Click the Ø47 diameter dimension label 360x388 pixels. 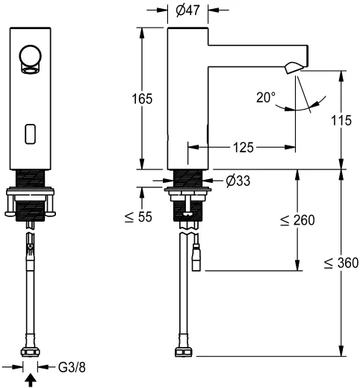pyautogui.click(x=187, y=10)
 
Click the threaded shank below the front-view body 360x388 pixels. pyautogui.click(x=31, y=179)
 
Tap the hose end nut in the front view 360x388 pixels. pyautogui.click(x=31, y=351)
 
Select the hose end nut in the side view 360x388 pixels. pyautogui.click(x=186, y=351)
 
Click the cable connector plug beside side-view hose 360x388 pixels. pyautogui.click(x=197, y=259)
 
